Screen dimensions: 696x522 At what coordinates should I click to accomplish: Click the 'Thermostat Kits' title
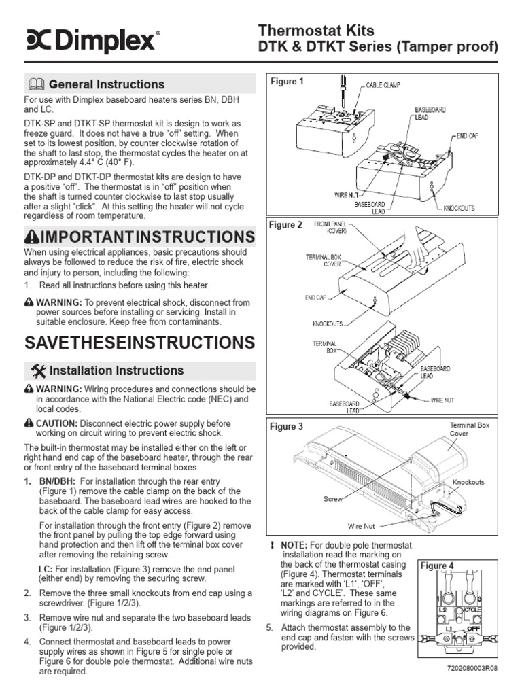[x=316, y=30]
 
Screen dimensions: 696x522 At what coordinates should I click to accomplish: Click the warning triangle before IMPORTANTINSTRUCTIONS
[x=33, y=237]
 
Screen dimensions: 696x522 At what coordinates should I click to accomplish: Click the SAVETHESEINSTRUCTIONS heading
[x=139, y=342]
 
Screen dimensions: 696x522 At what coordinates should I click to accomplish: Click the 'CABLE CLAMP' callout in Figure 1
[x=383, y=85]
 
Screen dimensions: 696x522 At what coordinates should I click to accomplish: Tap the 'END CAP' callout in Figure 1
[x=468, y=136]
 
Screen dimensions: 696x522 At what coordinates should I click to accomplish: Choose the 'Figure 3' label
[x=287, y=427]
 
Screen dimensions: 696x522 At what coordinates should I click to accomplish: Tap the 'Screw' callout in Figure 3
[x=332, y=498]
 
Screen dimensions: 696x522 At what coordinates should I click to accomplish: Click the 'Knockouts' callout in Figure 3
[x=468, y=482]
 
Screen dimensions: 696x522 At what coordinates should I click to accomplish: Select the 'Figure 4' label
[x=437, y=565]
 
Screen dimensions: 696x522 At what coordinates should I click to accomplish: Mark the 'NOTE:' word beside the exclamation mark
[x=294, y=545]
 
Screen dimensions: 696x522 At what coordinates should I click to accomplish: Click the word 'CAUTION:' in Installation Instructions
[x=56, y=423]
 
